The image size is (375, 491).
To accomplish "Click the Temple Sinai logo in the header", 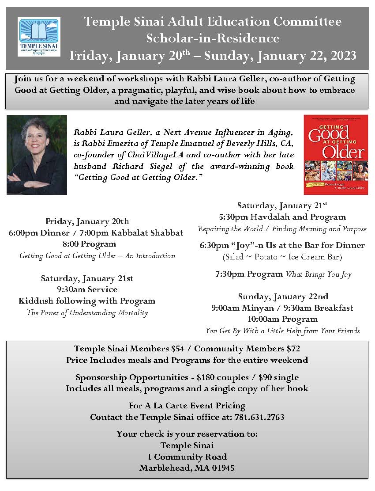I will pyautogui.click(x=39, y=37).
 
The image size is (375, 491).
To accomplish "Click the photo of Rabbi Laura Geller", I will pyautogui.click(x=37, y=155).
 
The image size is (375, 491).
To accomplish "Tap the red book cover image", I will pyautogui.click(x=335, y=155).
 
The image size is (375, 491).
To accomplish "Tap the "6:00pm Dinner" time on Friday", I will pyautogui.click(x=34, y=232).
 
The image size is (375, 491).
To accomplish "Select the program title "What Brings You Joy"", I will pyautogui.click(x=319, y=274).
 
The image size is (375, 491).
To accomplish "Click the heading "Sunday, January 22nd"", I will pyautogui.click(x=282, y=296).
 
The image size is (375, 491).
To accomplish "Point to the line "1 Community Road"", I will pyautogui.click(x=187, y=457).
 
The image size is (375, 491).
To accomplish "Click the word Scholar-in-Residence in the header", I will pyautogui.click(x=213, y=38).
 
